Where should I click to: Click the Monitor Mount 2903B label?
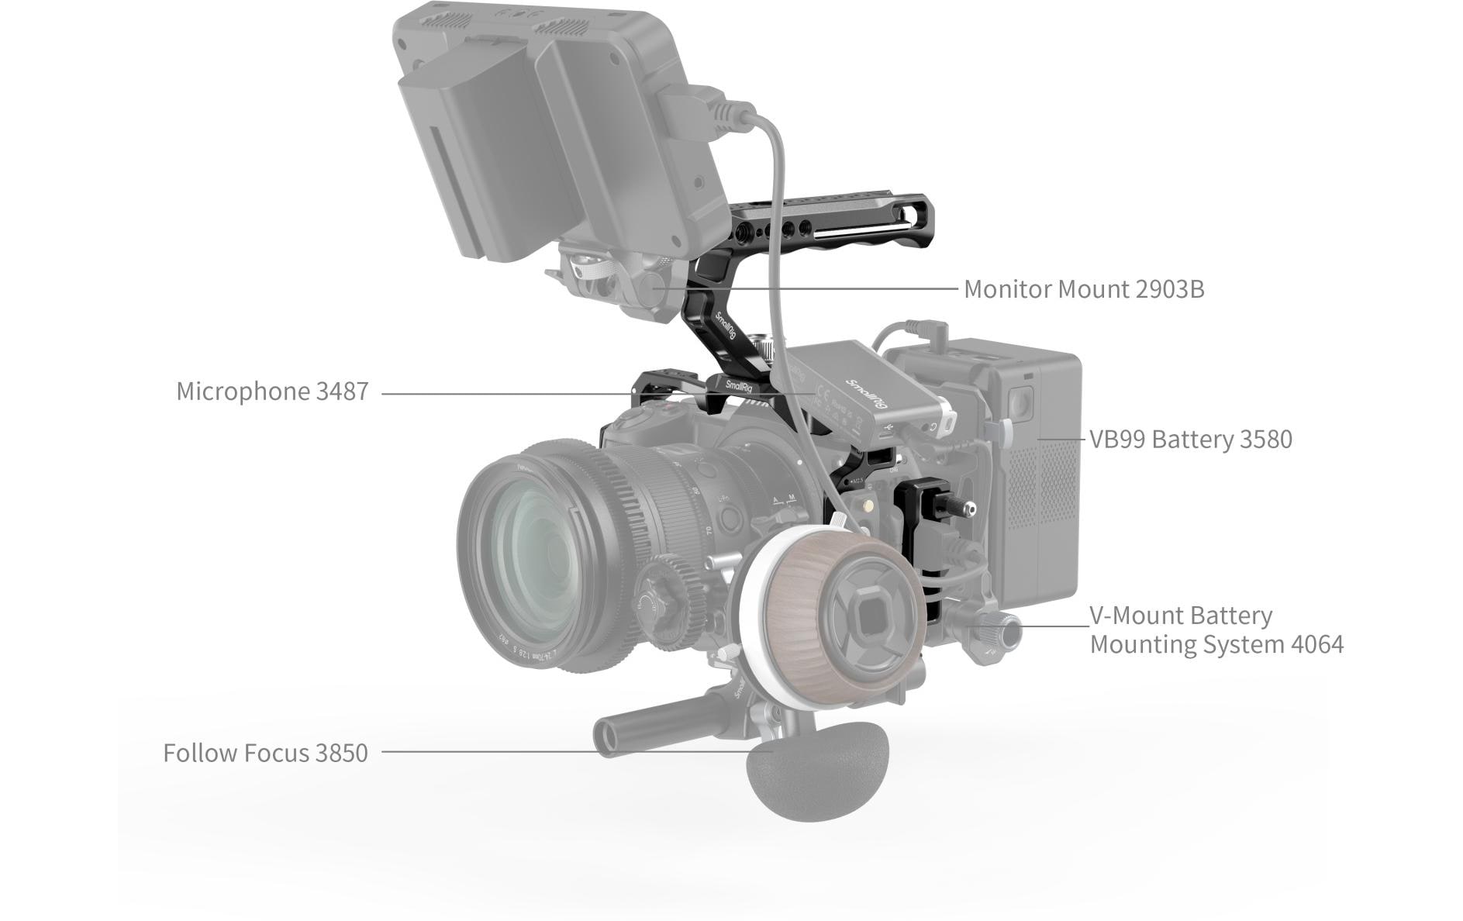1083,289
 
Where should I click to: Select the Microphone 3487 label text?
272,392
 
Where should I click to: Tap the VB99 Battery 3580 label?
1190,440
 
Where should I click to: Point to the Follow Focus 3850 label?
265,753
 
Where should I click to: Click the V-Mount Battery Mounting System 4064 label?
1216,630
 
